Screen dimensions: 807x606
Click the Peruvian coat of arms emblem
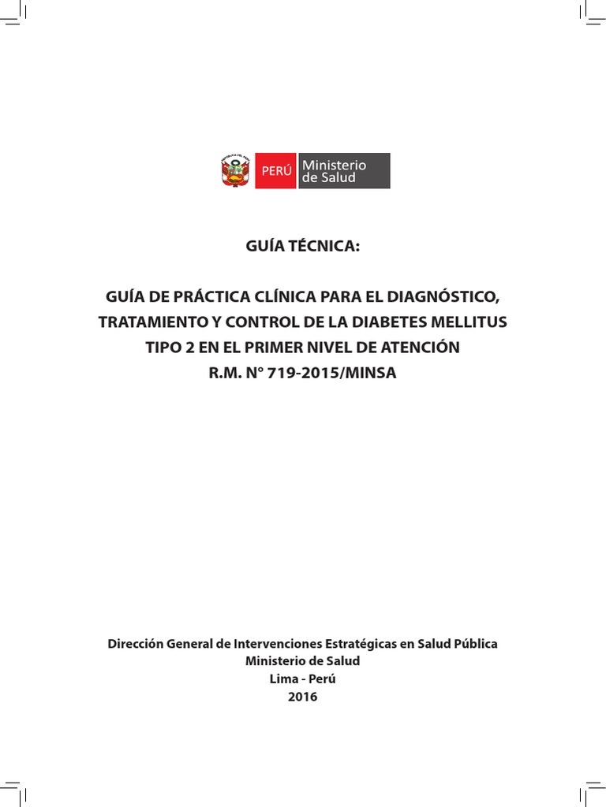(235, 170)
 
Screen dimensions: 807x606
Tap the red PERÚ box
(275, 171)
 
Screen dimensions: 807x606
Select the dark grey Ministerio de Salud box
(344, 171)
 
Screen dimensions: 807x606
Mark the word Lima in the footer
(282, 679)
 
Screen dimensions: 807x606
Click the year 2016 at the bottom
(303, 697)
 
